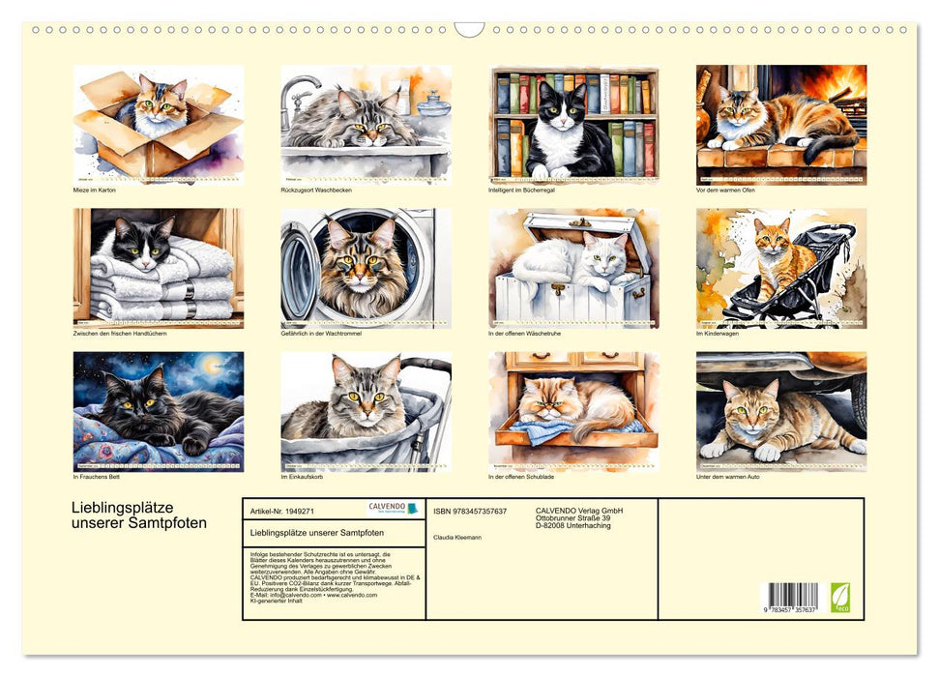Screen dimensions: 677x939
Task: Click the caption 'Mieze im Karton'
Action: click(x=95, y=191)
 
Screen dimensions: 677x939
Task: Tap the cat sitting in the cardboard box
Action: click(x=161, y=108)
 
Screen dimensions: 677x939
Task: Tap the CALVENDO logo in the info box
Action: click(x=393, y=508)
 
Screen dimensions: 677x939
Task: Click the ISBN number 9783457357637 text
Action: click(x=470, y=511)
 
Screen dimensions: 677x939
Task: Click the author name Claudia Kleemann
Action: click(x=457, y=537)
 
